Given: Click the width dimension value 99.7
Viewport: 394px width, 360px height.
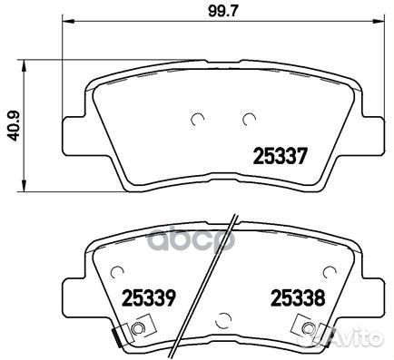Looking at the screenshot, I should click(x=219, y=12).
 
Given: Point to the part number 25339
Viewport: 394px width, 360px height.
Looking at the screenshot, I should click(x=146, y=296).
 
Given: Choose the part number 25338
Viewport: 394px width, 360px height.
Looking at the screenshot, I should click(x=295, y=296).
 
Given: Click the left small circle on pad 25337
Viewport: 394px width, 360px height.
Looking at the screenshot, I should click(x=199, y=118).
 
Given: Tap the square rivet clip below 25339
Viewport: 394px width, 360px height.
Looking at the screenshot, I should click(x=138, y=329).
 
